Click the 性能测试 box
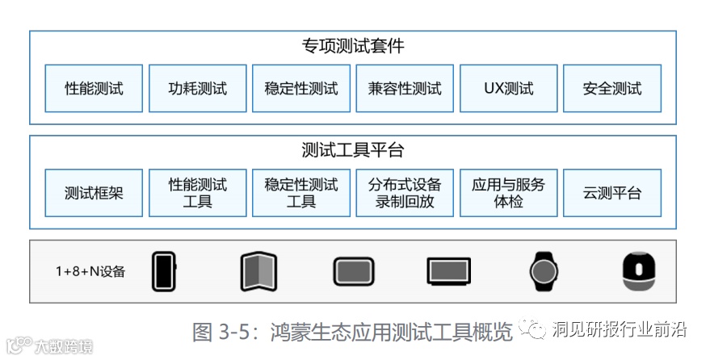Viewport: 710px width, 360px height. [94, 89]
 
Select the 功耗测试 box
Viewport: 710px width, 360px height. [197, 89]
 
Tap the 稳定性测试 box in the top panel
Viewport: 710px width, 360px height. [300, 89]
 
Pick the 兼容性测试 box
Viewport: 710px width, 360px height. [405, 89]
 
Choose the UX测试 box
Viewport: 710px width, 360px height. [508, 89]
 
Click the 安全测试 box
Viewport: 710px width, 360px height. [611, 89]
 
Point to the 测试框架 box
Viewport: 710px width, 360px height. [94, 193]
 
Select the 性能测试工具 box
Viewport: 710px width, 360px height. [197, 193]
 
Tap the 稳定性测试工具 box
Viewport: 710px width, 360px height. [300, 193]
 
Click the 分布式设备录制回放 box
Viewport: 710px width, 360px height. [405, 193]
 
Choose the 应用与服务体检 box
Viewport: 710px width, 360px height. [508, 193]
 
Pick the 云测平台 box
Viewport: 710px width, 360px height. [611, 193]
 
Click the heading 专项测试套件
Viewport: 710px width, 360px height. [352, 46]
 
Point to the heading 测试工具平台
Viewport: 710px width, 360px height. [352, 150]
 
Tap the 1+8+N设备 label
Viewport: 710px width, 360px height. [90, 271]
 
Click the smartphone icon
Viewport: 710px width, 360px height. [164, 271]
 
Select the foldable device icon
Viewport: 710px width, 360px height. [258, 271]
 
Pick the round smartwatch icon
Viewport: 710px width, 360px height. [543, 271]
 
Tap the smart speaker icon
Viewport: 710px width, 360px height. [638, 271]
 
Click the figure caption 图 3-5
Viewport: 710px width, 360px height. [352, 332]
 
